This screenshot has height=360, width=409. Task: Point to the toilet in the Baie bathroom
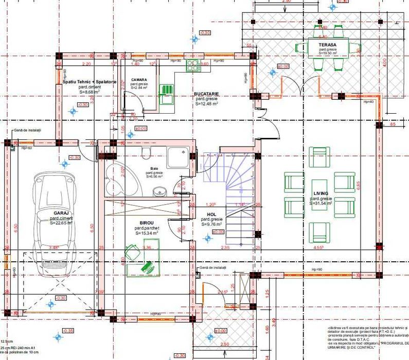click(x=146, y=151)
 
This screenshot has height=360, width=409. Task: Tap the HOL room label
click(x=211, y=214)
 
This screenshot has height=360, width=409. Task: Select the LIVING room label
click(x=321, y=194)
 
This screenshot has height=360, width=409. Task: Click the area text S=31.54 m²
click(x=321, y=204)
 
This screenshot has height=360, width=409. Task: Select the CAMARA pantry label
click(x=139, y=80)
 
